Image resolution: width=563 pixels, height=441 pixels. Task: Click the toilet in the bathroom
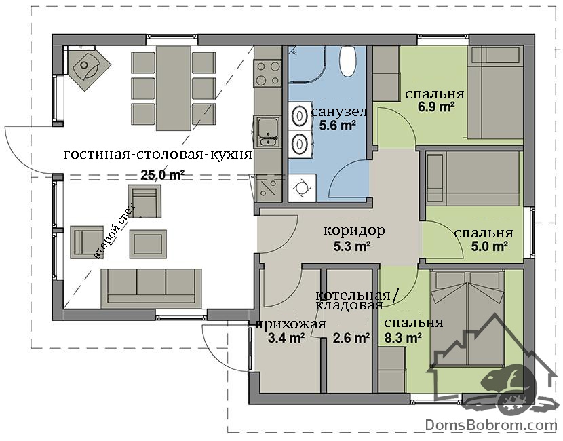pyautogui.click(x=348, y=61)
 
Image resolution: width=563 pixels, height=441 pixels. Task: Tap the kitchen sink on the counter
pyautogui.click(x=267, y=132)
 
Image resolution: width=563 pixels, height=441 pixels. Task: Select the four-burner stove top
pyautogui.click(x=267, y=73)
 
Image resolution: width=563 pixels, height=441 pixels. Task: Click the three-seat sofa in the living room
pyautogui.click(x=151, y=288)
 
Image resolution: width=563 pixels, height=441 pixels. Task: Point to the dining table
pyautogui.click(x=174, y=88)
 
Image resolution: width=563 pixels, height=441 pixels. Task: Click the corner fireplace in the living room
pyautogui.click(x=88, y=69)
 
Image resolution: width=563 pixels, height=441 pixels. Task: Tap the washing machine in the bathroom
pyautogui.click(x=302, y=188)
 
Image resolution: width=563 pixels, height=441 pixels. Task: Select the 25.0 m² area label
pyautogui.click(x=162, y=175)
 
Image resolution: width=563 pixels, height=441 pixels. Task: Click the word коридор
pyautogui.click(x=354, y=230)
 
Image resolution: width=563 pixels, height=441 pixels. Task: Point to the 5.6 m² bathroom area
pyautogui.click(x=337, y=126)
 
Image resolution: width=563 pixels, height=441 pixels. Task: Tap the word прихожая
pyautogui.click(x=291, y=324)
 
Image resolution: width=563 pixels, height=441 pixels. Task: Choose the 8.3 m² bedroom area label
pyautogui.click(x=403, y=338)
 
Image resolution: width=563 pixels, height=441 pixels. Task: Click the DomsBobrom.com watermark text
pyautogui.click(x=491, y=425)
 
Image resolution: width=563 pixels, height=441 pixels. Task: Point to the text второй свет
pyautogui.click(x=115, y=231)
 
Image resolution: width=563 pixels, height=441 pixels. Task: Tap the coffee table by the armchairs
pyautogui.click(x=148, y=244)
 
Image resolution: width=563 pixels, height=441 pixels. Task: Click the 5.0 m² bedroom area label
pyautogui.click(x=489, y=246)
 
